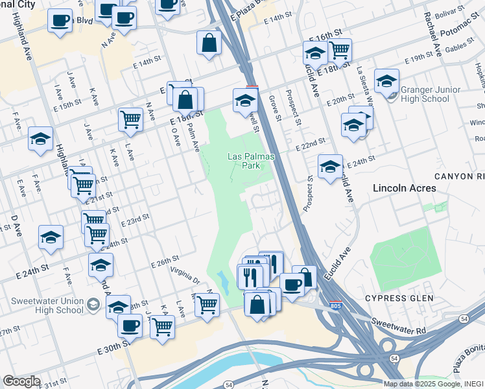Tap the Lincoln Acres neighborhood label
pos(404,188)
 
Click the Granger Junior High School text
pos(425,94)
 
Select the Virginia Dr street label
pos(184,277)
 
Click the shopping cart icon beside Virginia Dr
pos(207,303)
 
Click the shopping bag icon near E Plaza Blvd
pos(209,43)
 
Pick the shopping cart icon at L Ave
pos(130,119)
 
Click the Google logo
pos(21,381)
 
